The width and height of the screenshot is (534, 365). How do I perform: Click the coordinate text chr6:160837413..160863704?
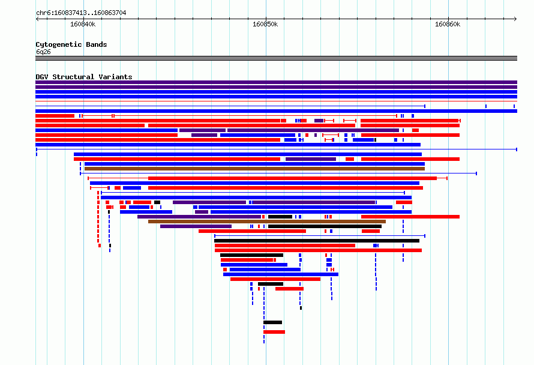coord(81,13)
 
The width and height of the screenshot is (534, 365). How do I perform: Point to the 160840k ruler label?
coord(83,24)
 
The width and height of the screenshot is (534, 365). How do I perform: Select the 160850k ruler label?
coord(265,24)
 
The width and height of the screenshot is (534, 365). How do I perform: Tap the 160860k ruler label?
coord(448,24)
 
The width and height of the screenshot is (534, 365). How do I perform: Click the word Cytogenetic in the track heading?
coord(59,44)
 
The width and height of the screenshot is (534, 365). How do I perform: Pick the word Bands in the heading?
coord(97,44)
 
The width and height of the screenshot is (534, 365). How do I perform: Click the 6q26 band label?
coord(43,52)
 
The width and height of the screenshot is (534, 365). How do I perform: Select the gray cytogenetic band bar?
coord(276,58)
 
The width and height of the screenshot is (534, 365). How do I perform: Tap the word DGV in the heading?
coord(42,77)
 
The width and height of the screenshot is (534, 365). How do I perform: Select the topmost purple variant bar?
coord(276,82)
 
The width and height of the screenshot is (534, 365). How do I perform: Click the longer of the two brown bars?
coord(254,169)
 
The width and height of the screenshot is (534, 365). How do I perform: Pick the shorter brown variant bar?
coord(267,222)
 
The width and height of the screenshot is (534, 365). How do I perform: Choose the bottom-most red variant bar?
coord(274,332)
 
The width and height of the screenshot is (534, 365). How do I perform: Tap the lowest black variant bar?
coord(272,322)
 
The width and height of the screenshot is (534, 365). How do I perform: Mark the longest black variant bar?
coord(317,241)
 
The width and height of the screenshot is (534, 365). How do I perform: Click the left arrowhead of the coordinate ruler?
coord(37,19)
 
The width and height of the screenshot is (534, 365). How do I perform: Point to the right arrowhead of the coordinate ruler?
coord(515,19)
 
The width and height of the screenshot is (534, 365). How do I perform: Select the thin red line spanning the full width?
coord(276,101)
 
